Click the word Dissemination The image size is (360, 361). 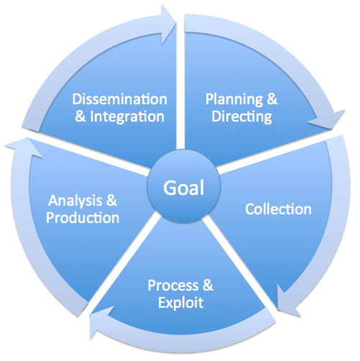119,99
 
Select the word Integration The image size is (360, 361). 127,116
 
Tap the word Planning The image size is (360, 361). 234,100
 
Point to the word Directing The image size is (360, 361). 241,117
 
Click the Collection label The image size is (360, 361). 278,209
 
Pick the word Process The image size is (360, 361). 173,285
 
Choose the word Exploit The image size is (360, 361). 181,303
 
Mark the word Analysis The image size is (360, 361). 75,201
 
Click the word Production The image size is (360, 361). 83,218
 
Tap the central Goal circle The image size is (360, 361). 184,186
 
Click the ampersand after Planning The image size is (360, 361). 272,99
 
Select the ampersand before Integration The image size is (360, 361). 80,116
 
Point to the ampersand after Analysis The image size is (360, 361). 111,201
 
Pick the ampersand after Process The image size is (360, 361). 208,285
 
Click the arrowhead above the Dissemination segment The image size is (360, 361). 168,24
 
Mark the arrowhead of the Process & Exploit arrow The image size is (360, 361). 98,322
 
